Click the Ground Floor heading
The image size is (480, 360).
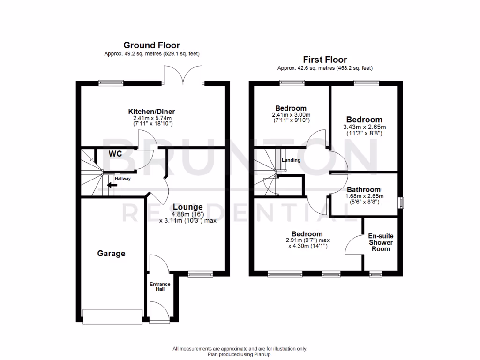[151, 45]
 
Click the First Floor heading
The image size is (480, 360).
[325, 60]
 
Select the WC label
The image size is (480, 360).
[116, 154]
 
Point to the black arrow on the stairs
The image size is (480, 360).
[112, 185]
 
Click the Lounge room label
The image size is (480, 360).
[187, 207]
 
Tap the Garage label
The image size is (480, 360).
[111, 254]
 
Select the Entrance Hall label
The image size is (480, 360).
[160, 286]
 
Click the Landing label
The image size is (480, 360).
[291, 160]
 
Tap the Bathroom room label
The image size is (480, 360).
[364, 189]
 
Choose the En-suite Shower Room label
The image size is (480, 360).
[381, 242]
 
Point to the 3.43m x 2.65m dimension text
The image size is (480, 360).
[364, 127]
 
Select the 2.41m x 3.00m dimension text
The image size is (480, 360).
[291, 115]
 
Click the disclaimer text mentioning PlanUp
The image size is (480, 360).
[240, 354]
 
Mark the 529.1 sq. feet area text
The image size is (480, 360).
[181, 54]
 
